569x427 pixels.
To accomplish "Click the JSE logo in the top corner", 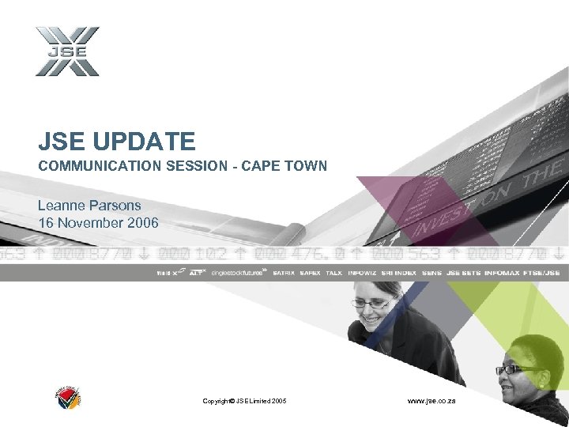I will pyautogui.click(x=67, y=51).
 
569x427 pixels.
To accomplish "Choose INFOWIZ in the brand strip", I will pyautogui.click(x=362, y=273).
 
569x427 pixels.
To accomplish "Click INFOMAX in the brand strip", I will pyautogui.click(x=502, y=273).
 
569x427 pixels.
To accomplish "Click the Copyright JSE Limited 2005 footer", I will pyautogui.click(x=245, y=401).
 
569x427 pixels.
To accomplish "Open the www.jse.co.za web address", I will pyautogui.click(x=431, y=401).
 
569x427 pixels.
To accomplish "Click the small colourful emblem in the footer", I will pyautogui.click(x=69, y=399).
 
